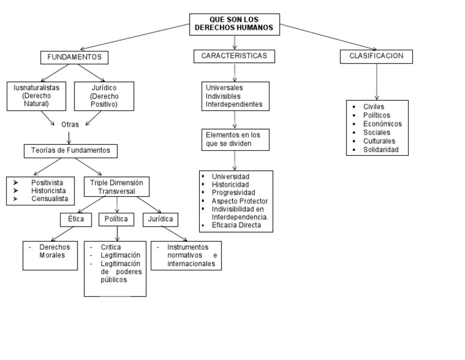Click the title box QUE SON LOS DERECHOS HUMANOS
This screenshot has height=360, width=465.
tap(234, 24)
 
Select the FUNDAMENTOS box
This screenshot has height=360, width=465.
tap(74, 58)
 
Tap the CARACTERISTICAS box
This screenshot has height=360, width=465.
tap(234, 56)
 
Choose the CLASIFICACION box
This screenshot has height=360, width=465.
tap(376, 56)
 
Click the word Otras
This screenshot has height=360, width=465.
tap(70, 124)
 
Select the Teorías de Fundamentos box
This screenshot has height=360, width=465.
tap(70, 150)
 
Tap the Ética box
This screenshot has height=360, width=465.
tap(76, 219)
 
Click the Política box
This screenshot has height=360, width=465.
tap(116, 219)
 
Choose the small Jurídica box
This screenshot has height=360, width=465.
tap(160, 219)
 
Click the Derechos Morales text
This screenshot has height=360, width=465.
tap(54, 252)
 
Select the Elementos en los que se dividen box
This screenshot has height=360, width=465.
tap(234, 139)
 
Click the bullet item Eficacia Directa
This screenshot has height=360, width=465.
tap(236, 225)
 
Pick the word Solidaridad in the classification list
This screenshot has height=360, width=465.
tap(381, 150)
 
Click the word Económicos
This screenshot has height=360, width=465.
tap(383, 124)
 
